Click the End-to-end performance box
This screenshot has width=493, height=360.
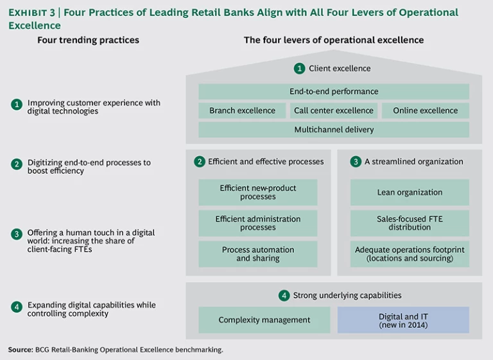click(333, 92)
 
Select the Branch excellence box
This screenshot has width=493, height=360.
click(242, 110)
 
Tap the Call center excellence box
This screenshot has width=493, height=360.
click(333, 110)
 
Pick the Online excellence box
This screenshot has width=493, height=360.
click(425, 110)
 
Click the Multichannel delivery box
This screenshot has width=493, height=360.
click(333, 130)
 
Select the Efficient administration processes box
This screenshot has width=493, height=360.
click(257, 223)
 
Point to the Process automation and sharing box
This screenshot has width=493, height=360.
click(257, 254)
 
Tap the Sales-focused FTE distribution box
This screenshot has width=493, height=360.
click(410, 223)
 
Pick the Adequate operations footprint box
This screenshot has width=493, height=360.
click(410, 254)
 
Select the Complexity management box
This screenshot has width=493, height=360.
click(264, 320)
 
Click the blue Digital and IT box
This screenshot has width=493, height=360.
click(403, 320)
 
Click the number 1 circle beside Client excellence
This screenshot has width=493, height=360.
click(299, 68)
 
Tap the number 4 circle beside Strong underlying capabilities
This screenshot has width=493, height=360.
click(284, 295)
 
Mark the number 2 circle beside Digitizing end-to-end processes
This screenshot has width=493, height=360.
click(17, 164)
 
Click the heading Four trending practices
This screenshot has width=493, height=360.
click(89, 40)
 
